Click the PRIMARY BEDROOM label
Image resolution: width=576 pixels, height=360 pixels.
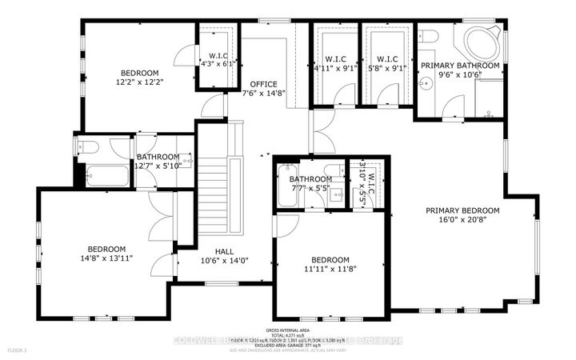(x=462, y=210)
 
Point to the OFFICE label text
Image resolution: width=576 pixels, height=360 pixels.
(x=263, y=84)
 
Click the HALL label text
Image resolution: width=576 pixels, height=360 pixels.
(x=213, y=249)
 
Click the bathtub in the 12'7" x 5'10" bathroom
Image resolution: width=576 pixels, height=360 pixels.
(x=103, y=174)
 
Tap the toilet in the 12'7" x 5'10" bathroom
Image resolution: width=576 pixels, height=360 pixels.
(x=86, y=146)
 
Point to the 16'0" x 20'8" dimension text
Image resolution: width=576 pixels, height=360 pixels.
(x=462, y=221)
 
